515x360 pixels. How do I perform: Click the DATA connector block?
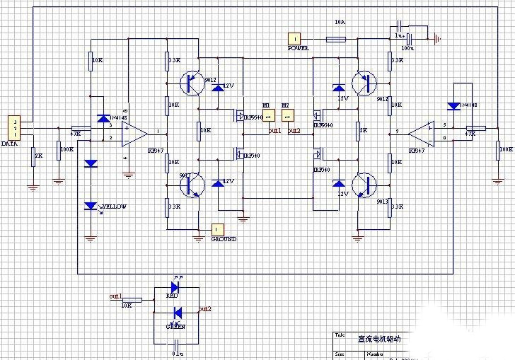[x=13, y=128]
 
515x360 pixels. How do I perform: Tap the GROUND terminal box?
[x=218, y=229]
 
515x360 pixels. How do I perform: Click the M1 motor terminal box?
[x=267, y=116]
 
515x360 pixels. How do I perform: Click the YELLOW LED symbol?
[x=91, y=206]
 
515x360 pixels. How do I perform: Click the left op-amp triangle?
[x=133, y=133]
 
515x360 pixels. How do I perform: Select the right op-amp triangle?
[x=422, y=132]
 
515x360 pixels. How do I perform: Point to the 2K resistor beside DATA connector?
[x=32, y=156]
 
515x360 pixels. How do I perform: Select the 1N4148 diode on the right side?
[x=454, y=106]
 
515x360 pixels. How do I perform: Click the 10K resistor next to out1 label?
[x=132, y=300]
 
